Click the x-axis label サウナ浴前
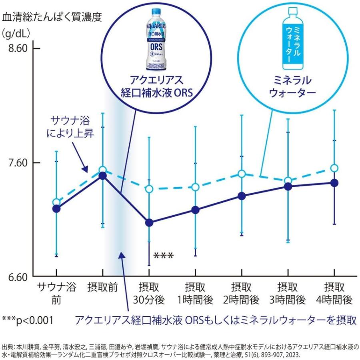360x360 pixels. point(56,293)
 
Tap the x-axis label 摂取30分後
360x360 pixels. point(149,293)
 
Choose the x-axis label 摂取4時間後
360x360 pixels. point(334,293)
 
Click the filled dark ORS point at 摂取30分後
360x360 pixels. point(149,223)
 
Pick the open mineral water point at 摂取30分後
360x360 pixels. point(149,188)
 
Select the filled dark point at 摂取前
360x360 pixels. point(103,176)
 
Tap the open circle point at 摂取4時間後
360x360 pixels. point(334,168)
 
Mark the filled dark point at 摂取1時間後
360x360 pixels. point(195,210)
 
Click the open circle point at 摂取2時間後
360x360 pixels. point(241,174)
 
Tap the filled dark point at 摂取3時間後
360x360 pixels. point(288,186)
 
